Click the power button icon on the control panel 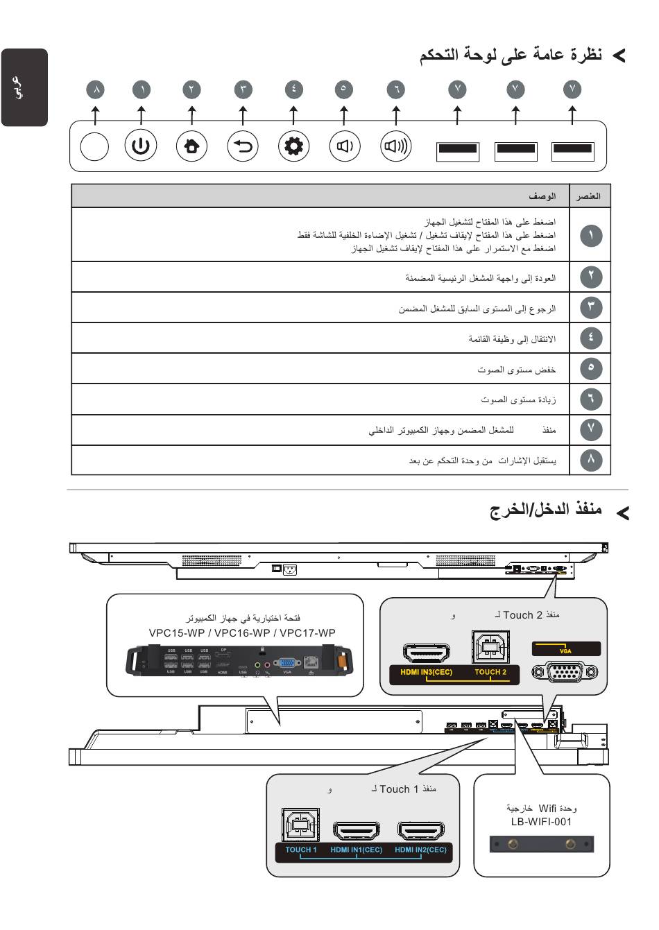[141, 146]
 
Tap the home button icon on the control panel [191, 146]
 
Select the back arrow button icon [243, 146]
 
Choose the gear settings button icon [293, 146]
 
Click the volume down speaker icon [345, 146]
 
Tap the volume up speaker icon [396, 146]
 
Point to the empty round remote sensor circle [94, 146]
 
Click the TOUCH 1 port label [301, 850]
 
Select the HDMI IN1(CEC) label [356, 850]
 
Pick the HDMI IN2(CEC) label [420, 850]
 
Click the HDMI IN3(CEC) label [426, 672]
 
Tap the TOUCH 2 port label [490, 672]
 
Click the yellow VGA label [565, 650]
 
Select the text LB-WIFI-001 [541, 822]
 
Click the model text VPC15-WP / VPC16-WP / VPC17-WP [242, 632]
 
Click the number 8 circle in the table [591, 459]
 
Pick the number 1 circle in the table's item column [591, 236]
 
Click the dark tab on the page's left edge [24, 87]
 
